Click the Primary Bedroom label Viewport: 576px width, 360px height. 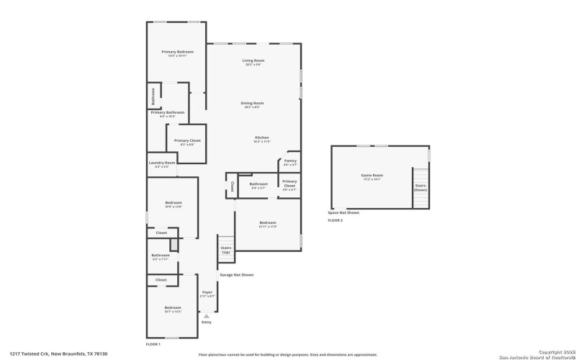click(177, 52)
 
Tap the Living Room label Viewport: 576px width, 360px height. click(253, 60)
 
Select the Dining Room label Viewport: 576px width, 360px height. click(252, 103)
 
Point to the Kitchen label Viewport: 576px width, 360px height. click(261, 138)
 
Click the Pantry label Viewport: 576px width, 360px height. click(290, 161)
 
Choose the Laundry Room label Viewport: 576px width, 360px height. click(162, 163)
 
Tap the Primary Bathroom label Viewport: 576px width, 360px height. click(167, 112)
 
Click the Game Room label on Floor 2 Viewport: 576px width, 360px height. click(372, 176)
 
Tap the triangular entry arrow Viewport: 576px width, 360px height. click(207, 315)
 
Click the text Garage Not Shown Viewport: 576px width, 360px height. click(236, 275)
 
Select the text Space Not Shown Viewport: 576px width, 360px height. click(343, 212)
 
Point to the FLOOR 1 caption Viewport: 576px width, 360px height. click(153, 344)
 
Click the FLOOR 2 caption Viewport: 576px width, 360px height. click(336, 220)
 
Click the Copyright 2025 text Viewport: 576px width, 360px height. click(552, 351)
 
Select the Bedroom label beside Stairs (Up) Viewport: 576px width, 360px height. click(268, 222)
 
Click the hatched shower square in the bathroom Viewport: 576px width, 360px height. click(173, 246)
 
